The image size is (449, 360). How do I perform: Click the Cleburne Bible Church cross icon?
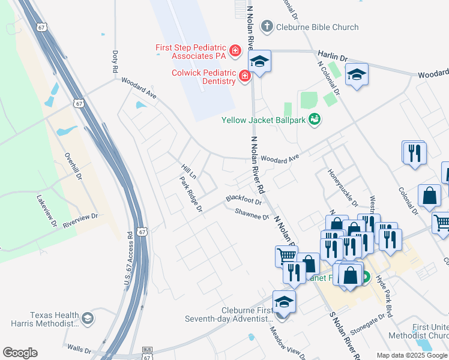267,27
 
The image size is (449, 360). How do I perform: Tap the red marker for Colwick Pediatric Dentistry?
244,76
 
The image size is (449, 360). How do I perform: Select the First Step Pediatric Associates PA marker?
235,50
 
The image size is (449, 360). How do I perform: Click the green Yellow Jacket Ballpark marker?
313,120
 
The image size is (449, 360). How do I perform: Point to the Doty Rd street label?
115,62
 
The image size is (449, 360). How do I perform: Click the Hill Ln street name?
188,171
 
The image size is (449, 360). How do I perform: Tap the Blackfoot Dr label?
244,199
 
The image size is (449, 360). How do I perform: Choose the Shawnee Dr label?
252,213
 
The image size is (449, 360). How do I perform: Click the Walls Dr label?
79,348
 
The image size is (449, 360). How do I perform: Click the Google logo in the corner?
20,353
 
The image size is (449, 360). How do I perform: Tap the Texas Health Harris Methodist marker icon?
88,318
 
